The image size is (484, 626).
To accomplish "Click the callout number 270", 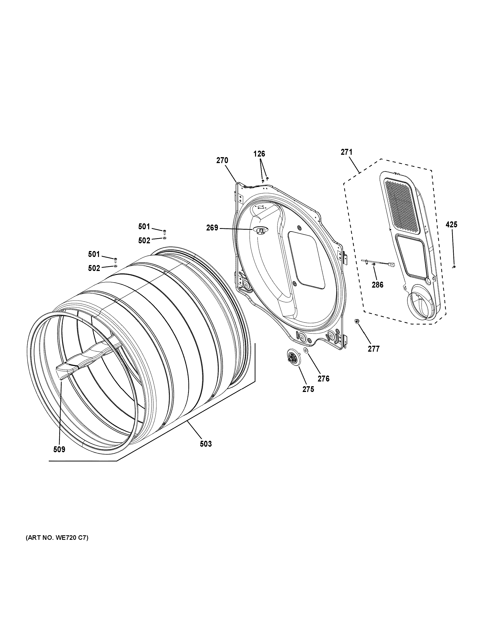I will point(222,161).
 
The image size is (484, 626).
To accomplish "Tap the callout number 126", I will point(259,154).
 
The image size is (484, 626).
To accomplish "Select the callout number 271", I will point(346,152).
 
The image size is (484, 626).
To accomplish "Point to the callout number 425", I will point(451,225).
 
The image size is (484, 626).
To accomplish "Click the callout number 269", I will point(212,228).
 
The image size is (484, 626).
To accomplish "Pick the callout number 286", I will point(378,285).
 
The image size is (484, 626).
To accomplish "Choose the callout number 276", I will point(323,379).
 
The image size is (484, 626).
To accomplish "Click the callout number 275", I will point(308,389).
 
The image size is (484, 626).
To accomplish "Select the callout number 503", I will point(206,444).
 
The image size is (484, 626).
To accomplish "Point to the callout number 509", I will point(59,449).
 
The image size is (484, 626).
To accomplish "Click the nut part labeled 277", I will point(357,322).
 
